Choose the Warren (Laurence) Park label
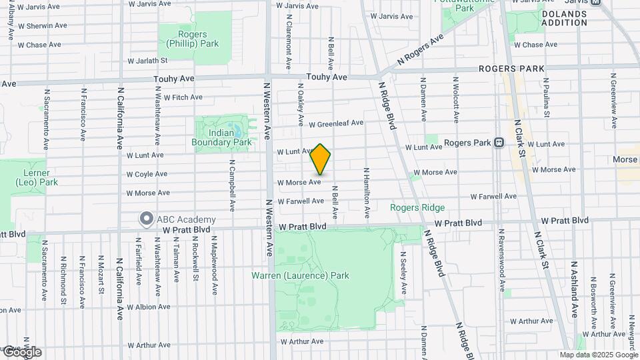coord(300,275)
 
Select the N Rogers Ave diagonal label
coord(420,49)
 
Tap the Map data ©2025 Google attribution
coord(598,355)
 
